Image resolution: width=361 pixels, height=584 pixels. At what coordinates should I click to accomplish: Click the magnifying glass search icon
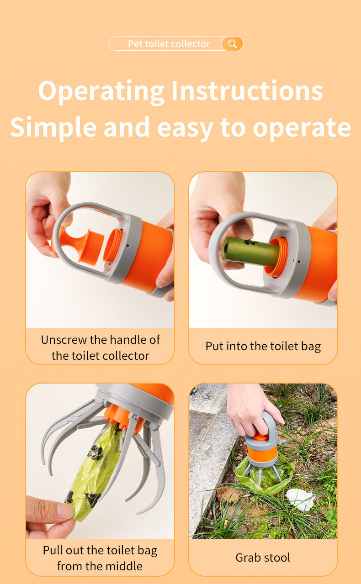(232, 44)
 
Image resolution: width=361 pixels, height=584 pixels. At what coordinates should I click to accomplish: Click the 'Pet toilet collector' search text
(169, 44)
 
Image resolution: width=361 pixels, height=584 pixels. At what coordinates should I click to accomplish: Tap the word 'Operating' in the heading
(101, 91)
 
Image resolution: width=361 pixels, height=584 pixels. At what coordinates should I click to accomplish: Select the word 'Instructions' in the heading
(247, 91)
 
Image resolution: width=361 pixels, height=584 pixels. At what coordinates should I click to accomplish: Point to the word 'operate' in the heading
(302, 128)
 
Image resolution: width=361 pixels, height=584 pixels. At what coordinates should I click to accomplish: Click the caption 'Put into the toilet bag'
(263, 346)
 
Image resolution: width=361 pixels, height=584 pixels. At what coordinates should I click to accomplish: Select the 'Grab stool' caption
(263, 558)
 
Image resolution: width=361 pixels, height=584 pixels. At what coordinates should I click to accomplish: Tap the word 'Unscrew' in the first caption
(66, 340)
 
